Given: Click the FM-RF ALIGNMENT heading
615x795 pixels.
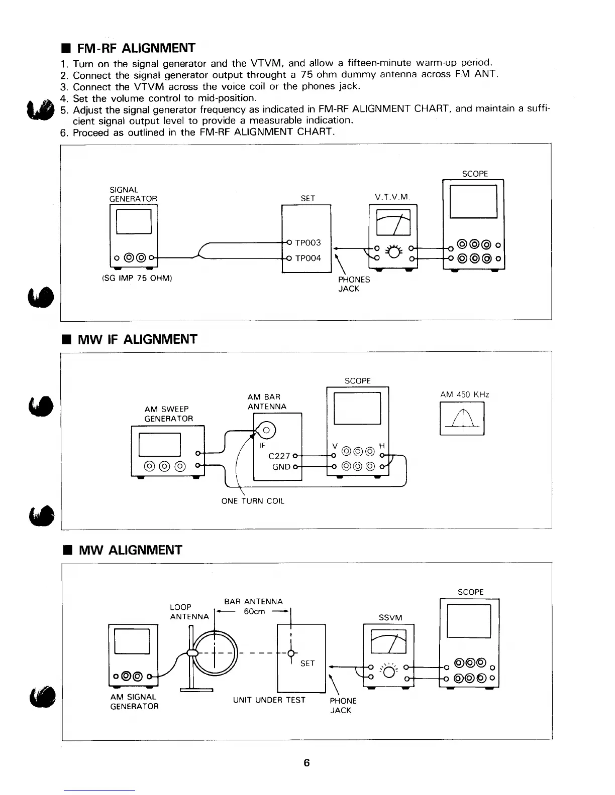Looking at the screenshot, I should coord(136,48).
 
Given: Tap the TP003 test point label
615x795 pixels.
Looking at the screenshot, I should coord(308,243).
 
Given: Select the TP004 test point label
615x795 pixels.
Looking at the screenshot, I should coord(308,258).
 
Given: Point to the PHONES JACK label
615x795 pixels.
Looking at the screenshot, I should coord(354,284).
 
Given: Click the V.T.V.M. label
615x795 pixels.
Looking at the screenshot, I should coord(392,198).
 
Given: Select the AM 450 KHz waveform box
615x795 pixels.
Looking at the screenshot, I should coord(462,420).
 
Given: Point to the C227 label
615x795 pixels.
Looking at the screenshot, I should coord(279,456).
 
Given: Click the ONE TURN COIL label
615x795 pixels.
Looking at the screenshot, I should coord(253,501).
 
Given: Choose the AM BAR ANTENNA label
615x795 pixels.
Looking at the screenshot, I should coord(267,402).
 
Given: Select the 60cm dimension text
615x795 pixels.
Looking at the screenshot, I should coord(254,611).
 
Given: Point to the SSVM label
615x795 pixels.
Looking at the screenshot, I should coord(390,617).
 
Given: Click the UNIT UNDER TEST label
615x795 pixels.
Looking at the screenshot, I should coord(269,700).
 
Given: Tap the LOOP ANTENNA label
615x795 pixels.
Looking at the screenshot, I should coord(189,612).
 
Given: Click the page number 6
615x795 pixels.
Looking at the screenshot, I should coord(307,763).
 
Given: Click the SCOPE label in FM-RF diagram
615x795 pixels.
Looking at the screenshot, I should coord(474,174).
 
